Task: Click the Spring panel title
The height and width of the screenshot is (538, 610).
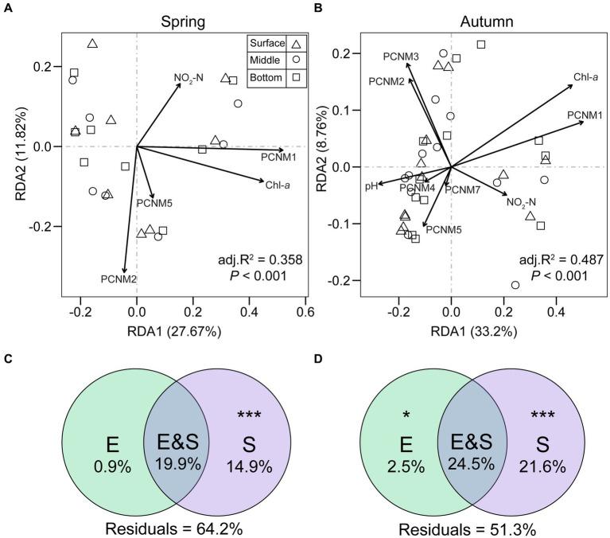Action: tap(179, 18)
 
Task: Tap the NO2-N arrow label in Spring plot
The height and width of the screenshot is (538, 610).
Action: tap(191, 78)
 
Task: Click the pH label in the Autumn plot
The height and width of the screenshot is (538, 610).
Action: tap(371, 186)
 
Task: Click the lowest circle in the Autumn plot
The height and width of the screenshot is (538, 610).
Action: tap(515, 285)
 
